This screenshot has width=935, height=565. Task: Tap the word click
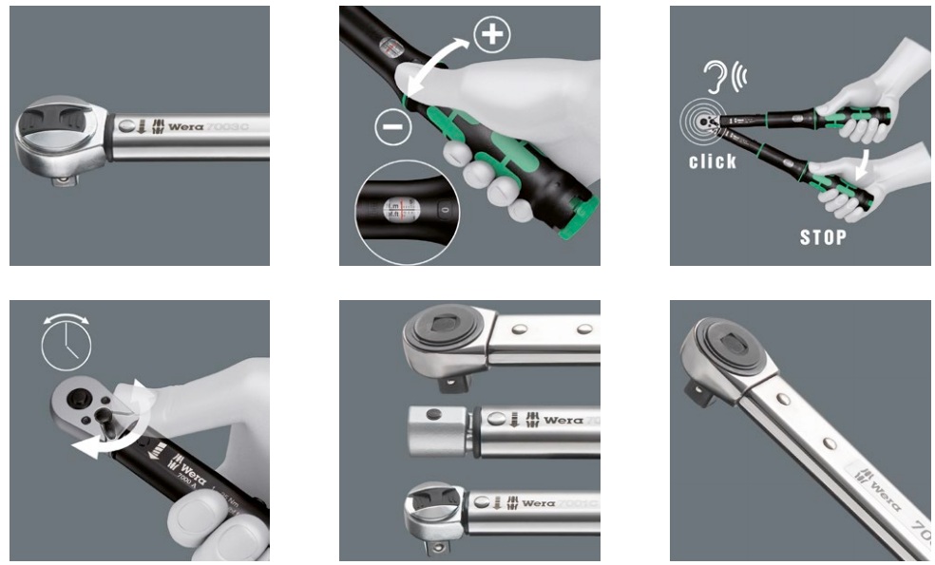click(x=713, y=160)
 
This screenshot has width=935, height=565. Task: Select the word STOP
click(x=822, y=237)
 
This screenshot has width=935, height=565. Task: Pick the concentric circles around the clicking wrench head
click(x=700, y=121)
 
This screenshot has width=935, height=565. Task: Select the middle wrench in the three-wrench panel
click(x=504, y=420)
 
